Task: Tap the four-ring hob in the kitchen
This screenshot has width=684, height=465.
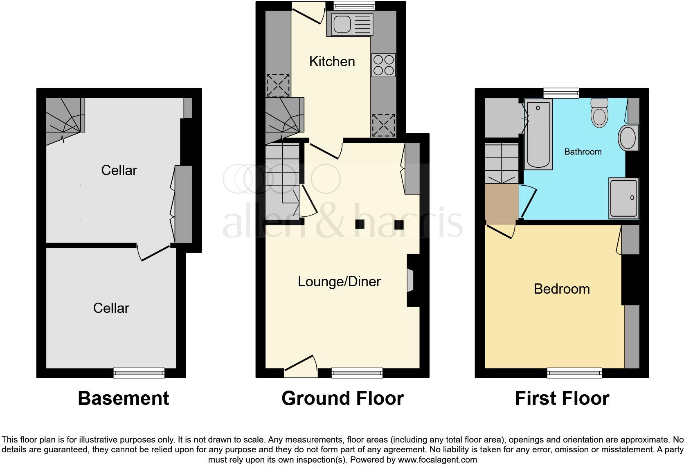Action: (x=383, y=65)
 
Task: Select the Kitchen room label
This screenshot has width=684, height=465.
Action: (x=332, y=62)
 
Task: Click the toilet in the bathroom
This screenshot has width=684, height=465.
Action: (x=599, y=114)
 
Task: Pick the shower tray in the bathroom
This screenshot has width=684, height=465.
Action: (x=623, y=198)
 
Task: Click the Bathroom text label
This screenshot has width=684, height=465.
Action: (x=583, y=152)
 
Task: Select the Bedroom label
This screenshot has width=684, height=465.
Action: (x=562, y=289)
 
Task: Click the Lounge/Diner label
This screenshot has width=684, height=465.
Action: (x=339, y=282)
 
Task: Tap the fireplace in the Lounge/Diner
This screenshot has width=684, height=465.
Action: (x=410, y=281)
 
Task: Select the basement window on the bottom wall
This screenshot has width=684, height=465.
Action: (x=139, y=373)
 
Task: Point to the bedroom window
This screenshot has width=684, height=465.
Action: (x=574, y=373)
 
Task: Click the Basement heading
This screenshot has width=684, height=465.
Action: (x=123, y=398)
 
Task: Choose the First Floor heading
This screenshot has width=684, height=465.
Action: (x=562, y=398)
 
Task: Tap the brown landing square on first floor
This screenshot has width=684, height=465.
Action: (x=501, y=202)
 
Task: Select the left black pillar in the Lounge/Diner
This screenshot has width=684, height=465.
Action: (x=360, y=224)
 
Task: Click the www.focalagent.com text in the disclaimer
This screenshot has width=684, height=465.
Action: (x=437, y=460)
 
